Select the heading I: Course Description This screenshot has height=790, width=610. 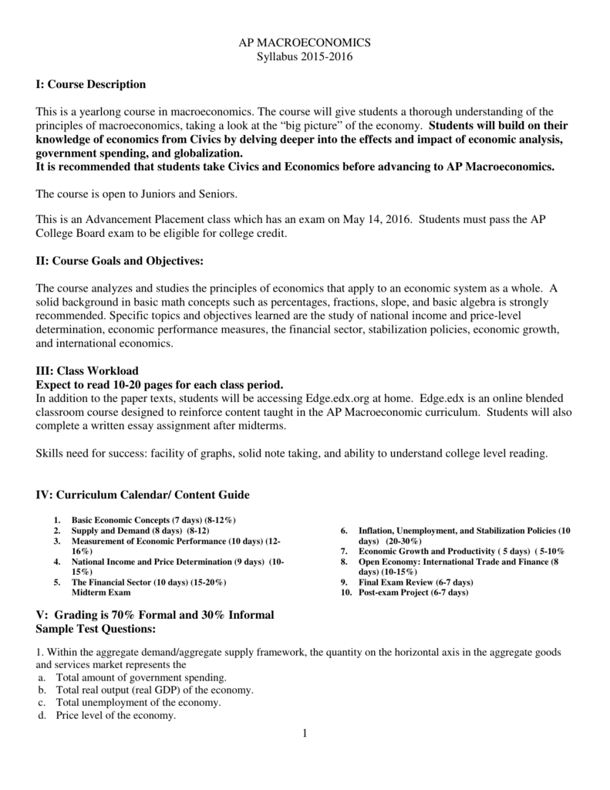(90, 84)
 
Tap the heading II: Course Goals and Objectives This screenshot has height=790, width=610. (120, 262)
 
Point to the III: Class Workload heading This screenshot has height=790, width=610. (87, 371)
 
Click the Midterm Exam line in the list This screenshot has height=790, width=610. (101, 592)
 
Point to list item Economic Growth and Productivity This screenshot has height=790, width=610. (462, 552)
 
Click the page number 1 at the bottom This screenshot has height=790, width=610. (305, 733)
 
